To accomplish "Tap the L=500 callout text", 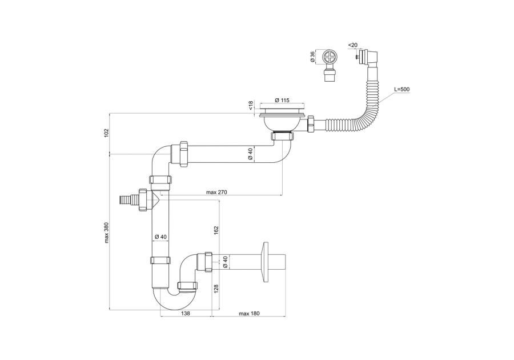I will [x=401, y=89].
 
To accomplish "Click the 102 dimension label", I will [x=106, y=133].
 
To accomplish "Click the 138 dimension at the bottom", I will [x=186, y=314].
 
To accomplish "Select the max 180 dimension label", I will [x=250, y=314].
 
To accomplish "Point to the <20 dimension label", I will [x=353, y=45].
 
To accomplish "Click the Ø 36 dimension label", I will [x=313, y=58].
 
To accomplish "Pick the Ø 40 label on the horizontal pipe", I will [x=250, y=154].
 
